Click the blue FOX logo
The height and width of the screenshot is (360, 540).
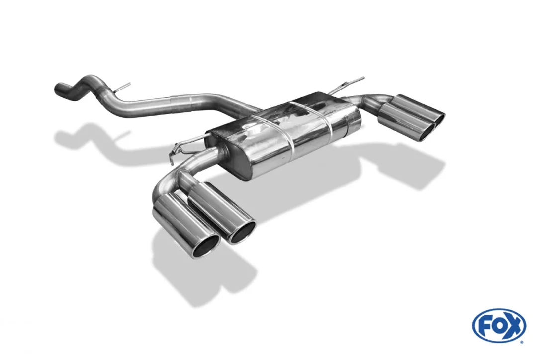click(499, 325)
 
